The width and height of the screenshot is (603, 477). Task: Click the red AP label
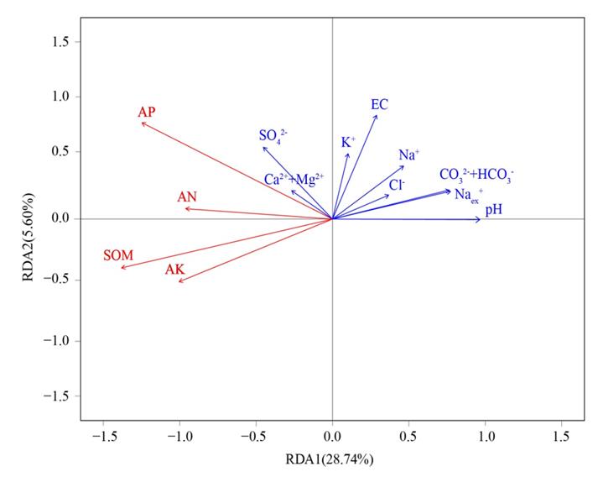[x=147, y=112]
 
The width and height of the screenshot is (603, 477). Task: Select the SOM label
[x=118, y=255]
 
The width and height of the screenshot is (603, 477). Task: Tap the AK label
[x=175, y=270]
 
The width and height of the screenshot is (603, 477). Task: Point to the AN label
[x=187, y=197]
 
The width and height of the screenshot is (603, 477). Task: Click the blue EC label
[x=379, y=104]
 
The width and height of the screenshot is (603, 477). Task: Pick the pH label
[x=494, y=208]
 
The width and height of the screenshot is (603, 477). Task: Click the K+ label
[x=348, y=143]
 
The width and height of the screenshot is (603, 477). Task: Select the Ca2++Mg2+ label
[x=294, y=178]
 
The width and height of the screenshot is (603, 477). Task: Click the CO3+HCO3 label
[x=476, y=175]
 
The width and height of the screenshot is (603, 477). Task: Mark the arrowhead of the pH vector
[x=481, y=219]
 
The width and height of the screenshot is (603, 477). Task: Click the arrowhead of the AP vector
[x=142, y=123]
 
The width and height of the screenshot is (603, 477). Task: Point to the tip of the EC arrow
[x=377, y=115]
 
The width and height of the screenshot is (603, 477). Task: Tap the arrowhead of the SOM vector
[x=121, y=268]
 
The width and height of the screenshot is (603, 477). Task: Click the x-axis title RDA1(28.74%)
[x=332, y=459]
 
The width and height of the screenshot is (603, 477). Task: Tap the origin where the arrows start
[x=333, y=218]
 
